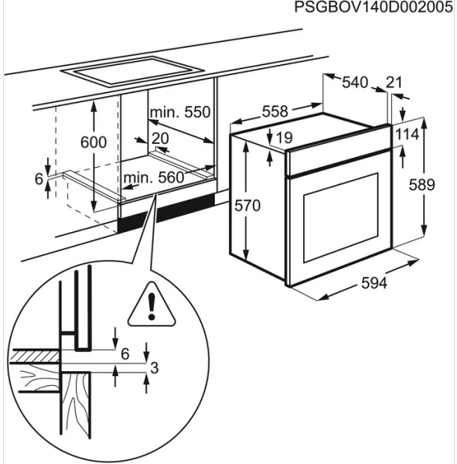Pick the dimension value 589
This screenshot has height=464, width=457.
421,185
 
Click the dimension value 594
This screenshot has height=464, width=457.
374,284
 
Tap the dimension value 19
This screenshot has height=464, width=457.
284,138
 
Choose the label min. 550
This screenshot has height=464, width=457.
180,113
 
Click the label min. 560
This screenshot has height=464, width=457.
154,178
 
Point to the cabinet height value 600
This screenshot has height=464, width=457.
93,142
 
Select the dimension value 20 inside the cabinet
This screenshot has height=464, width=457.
160,138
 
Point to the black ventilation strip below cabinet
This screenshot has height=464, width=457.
166,212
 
